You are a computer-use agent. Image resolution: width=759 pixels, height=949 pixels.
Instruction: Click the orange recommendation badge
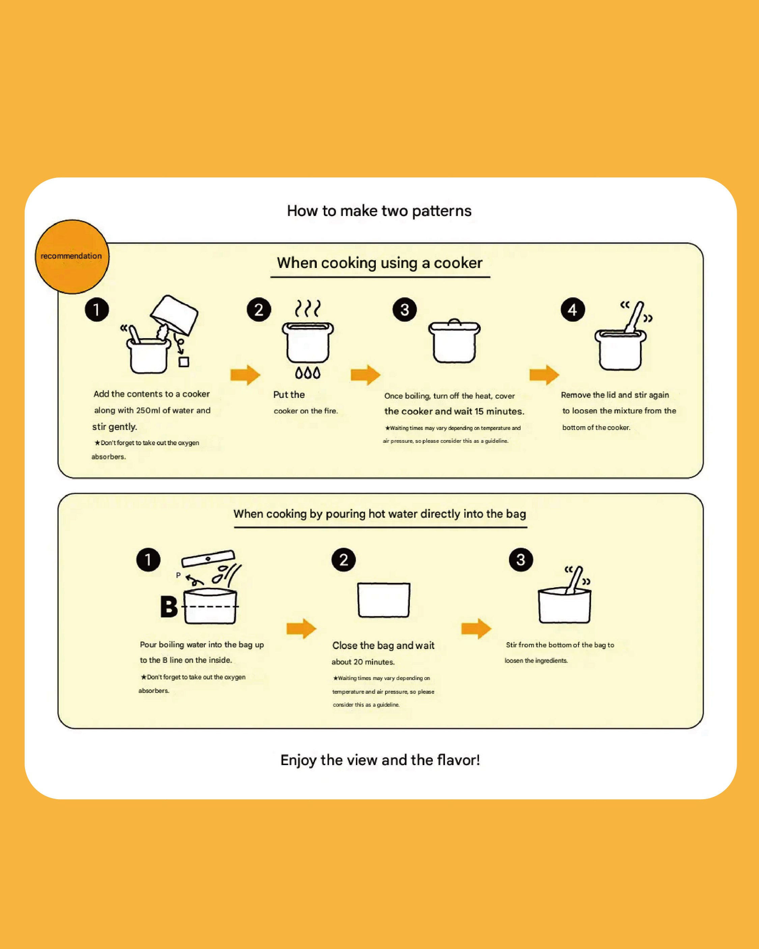(72, 256)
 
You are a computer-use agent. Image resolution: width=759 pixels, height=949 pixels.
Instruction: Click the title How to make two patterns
(379, 211)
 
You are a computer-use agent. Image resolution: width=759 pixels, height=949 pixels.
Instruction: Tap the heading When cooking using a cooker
(379, 263)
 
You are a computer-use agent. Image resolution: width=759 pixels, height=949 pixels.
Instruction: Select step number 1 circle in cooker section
(97, 309)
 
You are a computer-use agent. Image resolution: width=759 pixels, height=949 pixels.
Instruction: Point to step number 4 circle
(572, 310)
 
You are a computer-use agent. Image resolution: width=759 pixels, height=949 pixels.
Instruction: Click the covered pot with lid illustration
(454, 341)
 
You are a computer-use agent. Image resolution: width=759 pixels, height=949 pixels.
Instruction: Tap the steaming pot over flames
(308, 339)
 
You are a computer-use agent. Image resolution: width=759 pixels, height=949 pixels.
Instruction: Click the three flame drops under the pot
(308, 373)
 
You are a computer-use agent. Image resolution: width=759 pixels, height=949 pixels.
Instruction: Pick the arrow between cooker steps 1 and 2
(245, 375)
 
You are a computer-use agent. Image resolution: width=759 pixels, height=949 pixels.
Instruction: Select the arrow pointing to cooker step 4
(544, 375)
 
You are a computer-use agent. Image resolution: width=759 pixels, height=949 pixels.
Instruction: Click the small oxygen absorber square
(184, 362)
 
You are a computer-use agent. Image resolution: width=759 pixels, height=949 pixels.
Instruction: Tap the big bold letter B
(169, 607)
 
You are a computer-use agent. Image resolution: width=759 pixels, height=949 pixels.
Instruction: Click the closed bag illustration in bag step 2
(383, 600)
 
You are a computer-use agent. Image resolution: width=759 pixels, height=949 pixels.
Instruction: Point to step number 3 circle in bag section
(521, 560)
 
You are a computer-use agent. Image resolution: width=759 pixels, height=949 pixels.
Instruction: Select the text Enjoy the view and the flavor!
(380, 760)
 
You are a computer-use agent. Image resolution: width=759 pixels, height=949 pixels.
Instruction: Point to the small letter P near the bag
(178, 575)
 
